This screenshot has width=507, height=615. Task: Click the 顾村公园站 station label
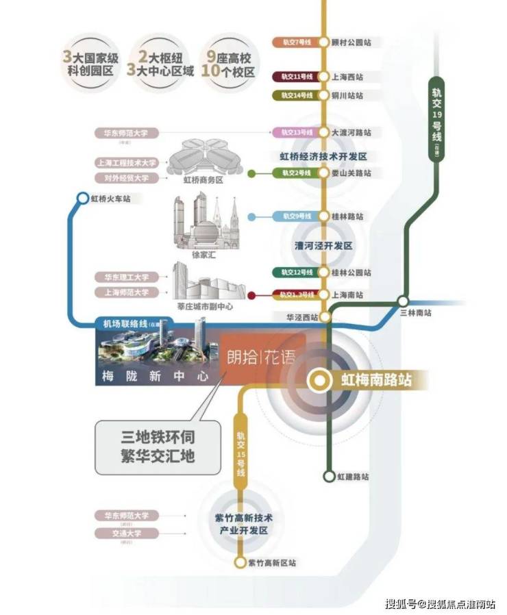358,42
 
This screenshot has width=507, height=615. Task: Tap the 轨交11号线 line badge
294,77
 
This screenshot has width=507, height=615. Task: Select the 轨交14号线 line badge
294,95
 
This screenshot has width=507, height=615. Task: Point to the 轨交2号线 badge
294,173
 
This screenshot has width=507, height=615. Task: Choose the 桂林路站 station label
354,216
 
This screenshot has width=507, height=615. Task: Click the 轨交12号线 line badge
294,273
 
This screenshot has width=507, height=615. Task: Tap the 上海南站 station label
354,294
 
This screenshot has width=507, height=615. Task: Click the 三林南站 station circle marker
404,300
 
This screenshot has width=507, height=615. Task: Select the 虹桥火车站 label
110,199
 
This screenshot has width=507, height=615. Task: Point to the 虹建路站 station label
354,476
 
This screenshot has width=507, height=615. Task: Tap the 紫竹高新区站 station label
272,563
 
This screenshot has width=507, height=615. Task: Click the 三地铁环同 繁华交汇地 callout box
157,446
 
